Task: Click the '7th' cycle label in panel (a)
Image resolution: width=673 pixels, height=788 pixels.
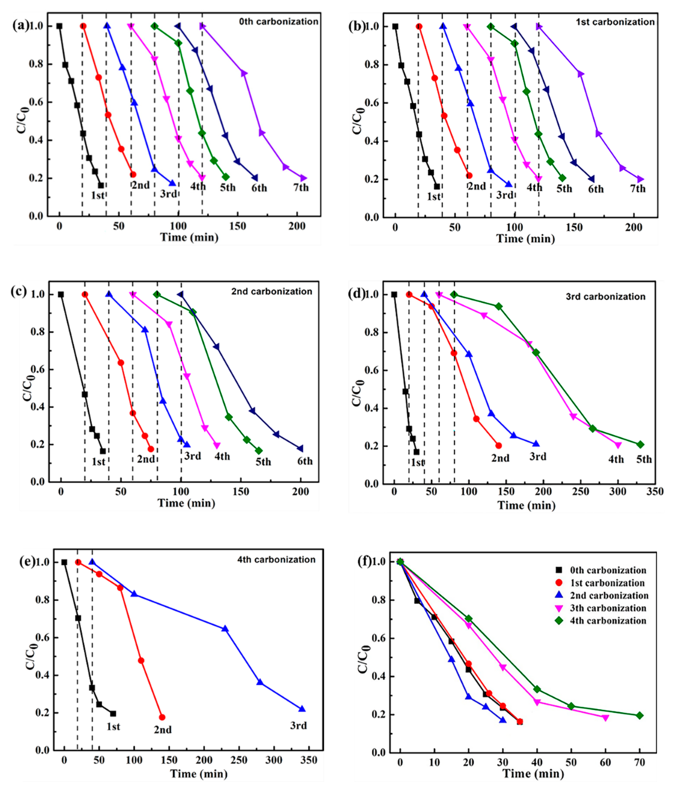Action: (301, 187)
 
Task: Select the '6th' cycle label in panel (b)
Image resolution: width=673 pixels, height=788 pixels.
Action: (596, 189)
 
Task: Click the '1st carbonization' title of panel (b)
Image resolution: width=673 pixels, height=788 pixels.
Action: (615, 22)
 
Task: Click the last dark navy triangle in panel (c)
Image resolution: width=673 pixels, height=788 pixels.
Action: (300, 448)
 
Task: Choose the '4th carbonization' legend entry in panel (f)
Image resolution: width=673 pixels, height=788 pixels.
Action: (608, 621)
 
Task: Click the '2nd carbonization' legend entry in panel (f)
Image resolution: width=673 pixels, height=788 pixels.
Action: (609, 596)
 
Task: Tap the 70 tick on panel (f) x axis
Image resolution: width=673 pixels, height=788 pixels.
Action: (639, 762)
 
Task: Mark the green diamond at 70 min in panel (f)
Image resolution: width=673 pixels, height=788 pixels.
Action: (639, 715)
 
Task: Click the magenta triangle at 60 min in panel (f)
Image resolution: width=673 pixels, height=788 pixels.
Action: (605, 717)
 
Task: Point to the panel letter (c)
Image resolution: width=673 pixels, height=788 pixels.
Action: (19, 291)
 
